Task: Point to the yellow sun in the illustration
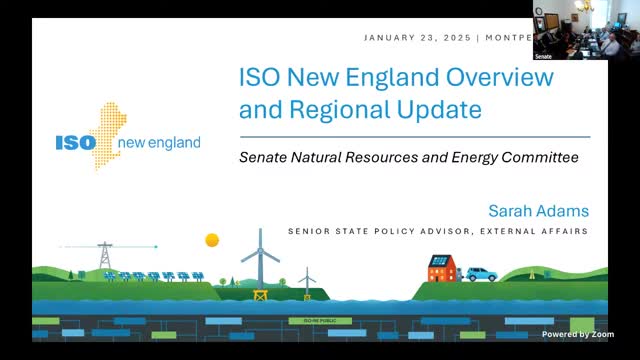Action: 212,240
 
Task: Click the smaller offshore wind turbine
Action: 307,279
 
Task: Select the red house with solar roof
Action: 441,267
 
